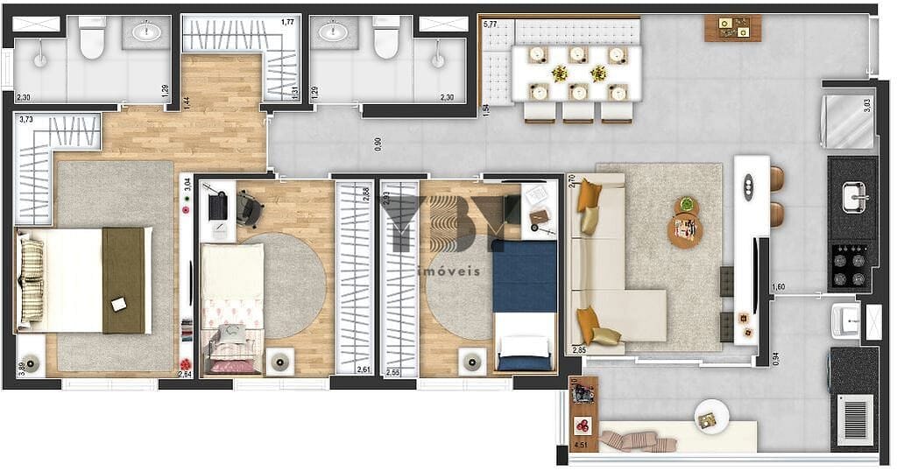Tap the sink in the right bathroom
coord(333,33)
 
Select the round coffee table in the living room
coord(684,230)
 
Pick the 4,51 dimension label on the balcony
coord(580,446)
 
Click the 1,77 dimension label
coord(287,22)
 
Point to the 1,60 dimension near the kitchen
coord(779,287)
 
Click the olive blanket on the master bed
coord(124,280)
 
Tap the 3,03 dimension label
coord(866,106)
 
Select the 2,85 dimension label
coord(579,349)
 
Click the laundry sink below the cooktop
coord(845,320)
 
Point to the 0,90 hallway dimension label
coord(378,144)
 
